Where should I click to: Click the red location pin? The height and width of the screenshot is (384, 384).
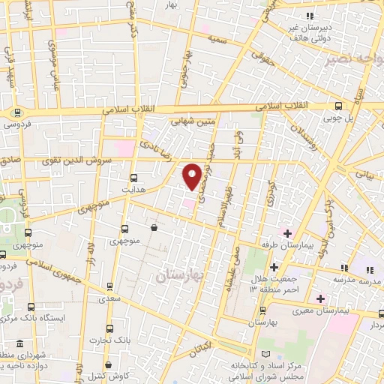192,176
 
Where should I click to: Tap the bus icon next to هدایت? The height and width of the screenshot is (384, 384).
134,178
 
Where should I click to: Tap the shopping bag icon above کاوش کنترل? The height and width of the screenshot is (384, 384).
108,364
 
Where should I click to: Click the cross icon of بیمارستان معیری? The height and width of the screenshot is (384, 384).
321,299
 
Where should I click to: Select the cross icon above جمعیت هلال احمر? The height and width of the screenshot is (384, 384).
274,267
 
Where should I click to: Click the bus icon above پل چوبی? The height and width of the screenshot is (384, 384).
339,106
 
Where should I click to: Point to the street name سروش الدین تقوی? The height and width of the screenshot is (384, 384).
82,160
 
